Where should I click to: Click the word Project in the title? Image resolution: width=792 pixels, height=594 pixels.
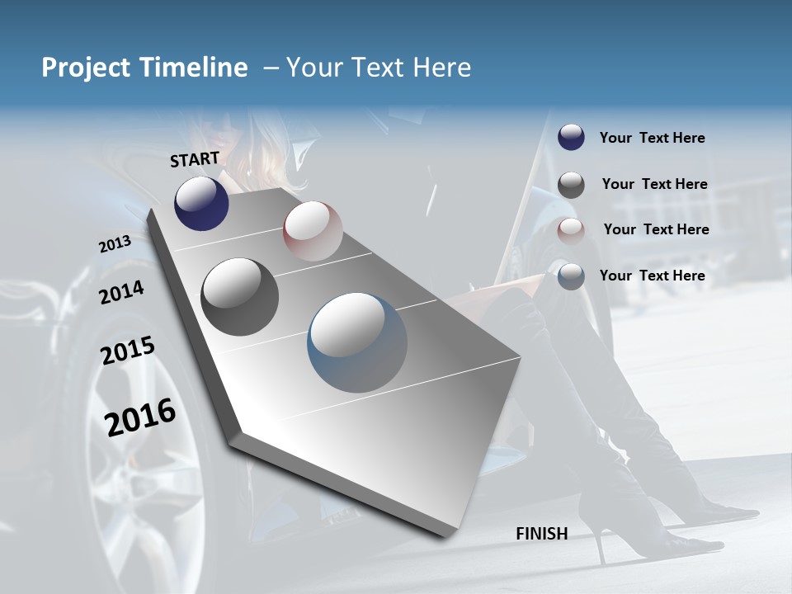pyautogui.click(x=80, y=68)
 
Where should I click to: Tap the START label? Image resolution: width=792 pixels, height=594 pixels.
pyautogui.click(x=195, y=159)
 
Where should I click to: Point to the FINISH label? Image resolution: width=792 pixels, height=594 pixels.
pyautogui.click(x=542, y=534)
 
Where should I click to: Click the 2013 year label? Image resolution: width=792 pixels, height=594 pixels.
pyautogui.click(x=115, y=244)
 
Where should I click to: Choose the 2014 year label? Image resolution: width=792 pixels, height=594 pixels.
pyautogui.click(x=121, y=292)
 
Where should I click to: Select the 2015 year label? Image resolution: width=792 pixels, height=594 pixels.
pyautogui.click(x=128, y=351)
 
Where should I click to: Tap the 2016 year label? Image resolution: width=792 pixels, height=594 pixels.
pyautogui.click(x=140, y=417)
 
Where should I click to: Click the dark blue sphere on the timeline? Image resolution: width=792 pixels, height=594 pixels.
pyautogui.click(x=201, y=203)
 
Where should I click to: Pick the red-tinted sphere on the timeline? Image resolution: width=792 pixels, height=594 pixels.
pyautogui.click(x=313, y=231)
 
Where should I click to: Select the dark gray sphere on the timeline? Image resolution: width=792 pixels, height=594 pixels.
pyautogui.click(x=239, y=297)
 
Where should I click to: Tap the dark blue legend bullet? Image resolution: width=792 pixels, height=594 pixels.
pyautogui.click(x=571, y=137)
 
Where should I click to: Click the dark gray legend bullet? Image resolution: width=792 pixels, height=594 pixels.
pyautogui.click(x=571, y=185)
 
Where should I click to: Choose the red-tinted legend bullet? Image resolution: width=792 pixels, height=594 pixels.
pyautogui.click(x=571, y=231)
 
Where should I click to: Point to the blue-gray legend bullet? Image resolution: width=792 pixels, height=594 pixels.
pyautogui.click(x=571, y=276)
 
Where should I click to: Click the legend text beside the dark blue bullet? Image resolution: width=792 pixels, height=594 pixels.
pyautogui.click(x=652, y=139)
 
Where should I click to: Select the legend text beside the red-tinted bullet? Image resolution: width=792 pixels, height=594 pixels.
pyautogui.click(x=656, y=229)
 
